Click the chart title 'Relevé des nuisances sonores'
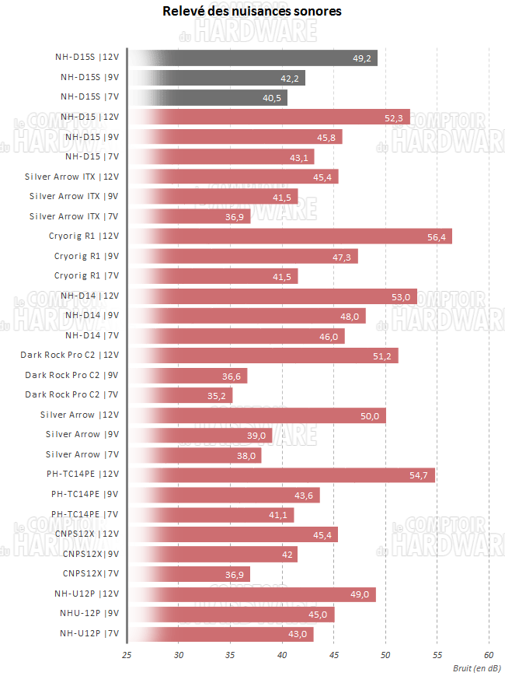[x=252, y=12]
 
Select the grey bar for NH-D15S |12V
[x=252, y=58]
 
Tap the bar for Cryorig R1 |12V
[x=290, y=236]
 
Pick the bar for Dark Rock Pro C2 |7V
[x=180, y=395]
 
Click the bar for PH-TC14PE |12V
[x=281, y=475]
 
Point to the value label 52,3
[x=393, y=117]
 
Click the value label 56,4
[x=437, y=236]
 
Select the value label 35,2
[x=217, y=395]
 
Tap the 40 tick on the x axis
[x=282, y=655]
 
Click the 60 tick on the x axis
[x=489, y=655]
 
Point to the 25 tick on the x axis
[x=127, y=655]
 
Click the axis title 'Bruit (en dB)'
[x=477, y=667]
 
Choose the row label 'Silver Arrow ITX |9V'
[x=74, y=196]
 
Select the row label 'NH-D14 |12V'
[x=89, y=296]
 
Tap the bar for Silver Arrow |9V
[x=200, y=435]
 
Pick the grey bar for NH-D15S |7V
[x=207, y=97]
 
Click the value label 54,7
[x=420, y=475]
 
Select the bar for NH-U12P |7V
[x=221, y=633]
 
